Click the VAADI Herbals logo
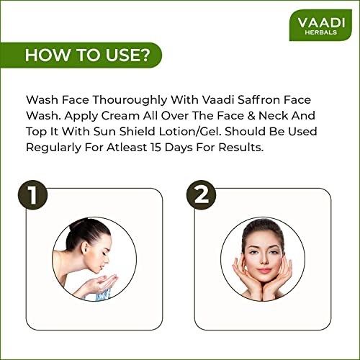tap(320, 25)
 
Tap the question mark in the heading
tap(143, 55)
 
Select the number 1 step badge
tap(32, 195)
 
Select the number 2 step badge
tap(201, 195)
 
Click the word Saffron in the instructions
tap(259, 99)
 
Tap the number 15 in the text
tap(156, 148)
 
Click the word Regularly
tap(53, 148)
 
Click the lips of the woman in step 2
tap(264, 271)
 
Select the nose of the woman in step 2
tap(264, 260)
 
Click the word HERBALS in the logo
tap(321, 32)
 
